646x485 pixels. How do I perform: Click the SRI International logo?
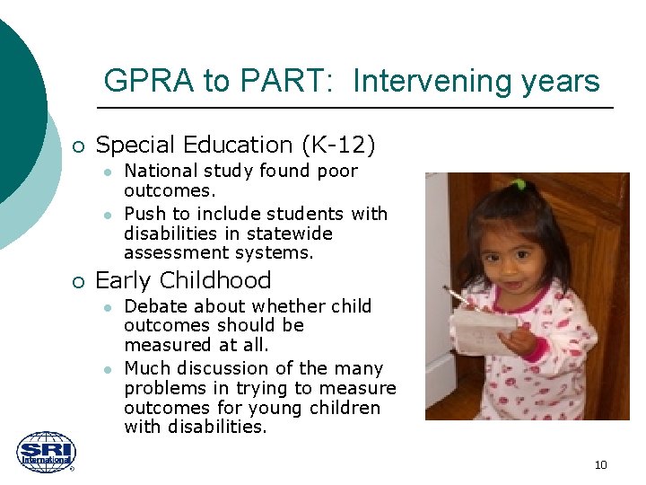click(x=47, y=453)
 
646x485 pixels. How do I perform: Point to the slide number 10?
click(x=600, y=464)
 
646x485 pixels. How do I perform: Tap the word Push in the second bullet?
click(x=144, y=214)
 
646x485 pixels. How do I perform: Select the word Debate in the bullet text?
click(x=153, y=306)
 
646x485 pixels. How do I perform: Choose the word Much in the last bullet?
click(x=144, y=368)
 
